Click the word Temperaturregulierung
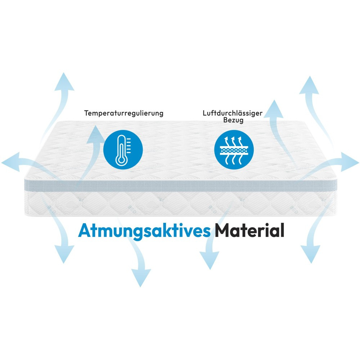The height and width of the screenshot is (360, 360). click(x=124, y=113)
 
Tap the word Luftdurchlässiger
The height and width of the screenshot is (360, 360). click(x=233, y=113)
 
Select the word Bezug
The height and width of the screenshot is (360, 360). click(x=233, y=121)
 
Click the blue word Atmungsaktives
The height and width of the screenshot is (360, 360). click(x=144, y=230)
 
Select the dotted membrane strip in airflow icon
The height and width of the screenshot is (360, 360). click(x=234, y=150)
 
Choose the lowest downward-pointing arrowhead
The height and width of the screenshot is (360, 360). click(x=140, y=279)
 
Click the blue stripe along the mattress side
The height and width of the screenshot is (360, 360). click(x=180, y=184)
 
